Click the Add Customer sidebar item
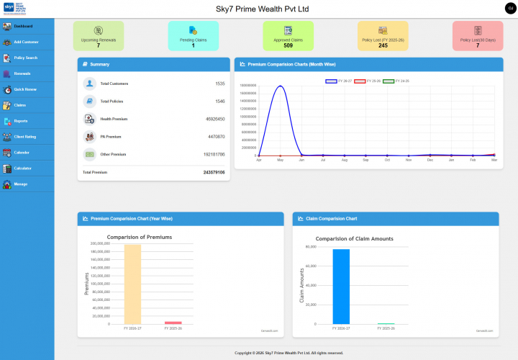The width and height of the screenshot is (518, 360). click(x=27, y=42)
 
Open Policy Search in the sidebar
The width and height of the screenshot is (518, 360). click(x=27, y=58)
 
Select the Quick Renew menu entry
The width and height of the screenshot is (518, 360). click(x=27, y=89)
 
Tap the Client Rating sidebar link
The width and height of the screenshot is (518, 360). click(x=27, y=136)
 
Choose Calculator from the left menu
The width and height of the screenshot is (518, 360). click(x=27, y=168)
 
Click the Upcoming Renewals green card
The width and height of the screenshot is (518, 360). click(x=98, y=36)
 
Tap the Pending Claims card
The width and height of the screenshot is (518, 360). click(x=193, y=36)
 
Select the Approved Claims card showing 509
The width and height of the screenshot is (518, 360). click(x=288, y=36)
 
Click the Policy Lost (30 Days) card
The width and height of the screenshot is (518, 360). click(x=478, y=36)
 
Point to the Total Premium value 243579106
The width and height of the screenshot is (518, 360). click(x=214, y=173)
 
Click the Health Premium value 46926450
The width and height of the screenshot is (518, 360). click(x=215, y=119)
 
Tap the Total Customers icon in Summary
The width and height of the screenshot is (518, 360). click(x=89, y=84)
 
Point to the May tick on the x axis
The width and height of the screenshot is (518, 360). click(x=280, y=160)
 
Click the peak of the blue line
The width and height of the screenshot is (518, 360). click(x=280, y=86)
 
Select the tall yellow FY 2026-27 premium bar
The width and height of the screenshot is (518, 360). click(x=132, y=284)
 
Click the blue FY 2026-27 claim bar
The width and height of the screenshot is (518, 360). click(x=341, y=286)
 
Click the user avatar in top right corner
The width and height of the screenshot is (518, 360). click(x=510, y=8)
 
